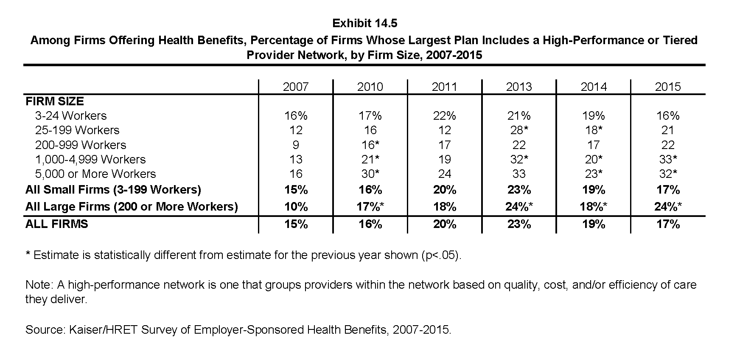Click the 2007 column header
click(296, 87)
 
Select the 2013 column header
click(519, 87)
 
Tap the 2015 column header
click(668, 87)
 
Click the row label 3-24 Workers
click(71, 115)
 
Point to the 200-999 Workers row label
click(81, 145)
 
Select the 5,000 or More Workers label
click(95, 174)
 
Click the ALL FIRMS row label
click(57, 224)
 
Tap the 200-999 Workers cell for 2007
click(296, 145)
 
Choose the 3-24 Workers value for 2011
click(444, 115)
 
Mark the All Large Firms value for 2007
click(296, 207)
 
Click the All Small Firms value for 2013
click(519, 189)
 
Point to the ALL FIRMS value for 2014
click(593, 224)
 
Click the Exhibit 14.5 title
click(365, 23)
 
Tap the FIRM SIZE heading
click(55, 101)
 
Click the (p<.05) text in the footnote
click(440, 255)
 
